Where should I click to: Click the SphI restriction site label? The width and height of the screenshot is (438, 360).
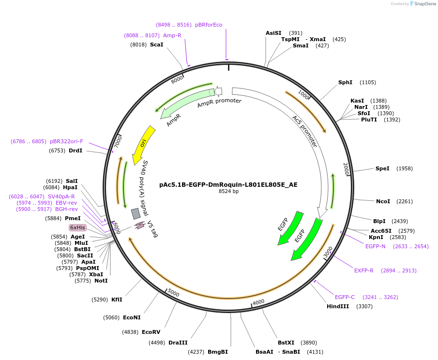[345, 82]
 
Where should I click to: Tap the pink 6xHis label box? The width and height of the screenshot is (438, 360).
[77, 227]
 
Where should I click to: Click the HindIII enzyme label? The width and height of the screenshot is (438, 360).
[337, 306]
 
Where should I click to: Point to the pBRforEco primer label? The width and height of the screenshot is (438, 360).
[209, 25]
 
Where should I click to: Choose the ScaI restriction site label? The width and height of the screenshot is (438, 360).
[156, 45]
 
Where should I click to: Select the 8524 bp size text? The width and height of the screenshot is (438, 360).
[229, 192]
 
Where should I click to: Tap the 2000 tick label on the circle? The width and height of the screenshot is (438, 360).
[346, 169]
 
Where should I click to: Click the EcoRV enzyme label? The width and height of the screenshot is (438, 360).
[151, 332]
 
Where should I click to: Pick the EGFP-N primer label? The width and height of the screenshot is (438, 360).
[375, 246]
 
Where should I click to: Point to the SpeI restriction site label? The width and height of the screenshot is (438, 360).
[382, 168]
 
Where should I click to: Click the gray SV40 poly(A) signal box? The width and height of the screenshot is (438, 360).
[136, 213]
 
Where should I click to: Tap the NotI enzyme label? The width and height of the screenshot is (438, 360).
[101, 281]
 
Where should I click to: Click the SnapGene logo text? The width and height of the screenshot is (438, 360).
[424, 4]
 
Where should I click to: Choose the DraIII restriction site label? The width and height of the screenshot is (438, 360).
[178, 343]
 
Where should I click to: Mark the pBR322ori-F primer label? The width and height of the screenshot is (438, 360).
[66, 141]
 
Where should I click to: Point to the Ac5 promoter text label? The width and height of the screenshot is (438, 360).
[304, 131]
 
